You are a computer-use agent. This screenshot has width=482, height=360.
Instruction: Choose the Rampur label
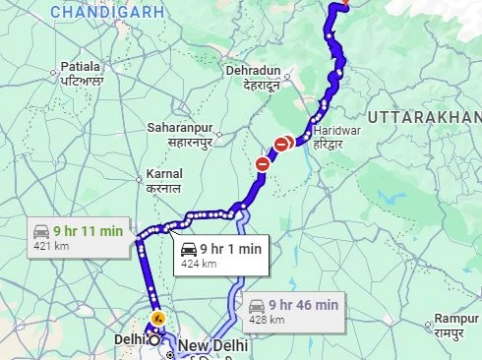coord(457,326)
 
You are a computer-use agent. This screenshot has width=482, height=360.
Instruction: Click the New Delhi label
coord(211,346)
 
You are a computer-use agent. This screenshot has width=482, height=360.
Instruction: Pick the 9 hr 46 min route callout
coord(292,311)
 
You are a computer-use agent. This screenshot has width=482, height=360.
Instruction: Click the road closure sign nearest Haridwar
coord(283,144)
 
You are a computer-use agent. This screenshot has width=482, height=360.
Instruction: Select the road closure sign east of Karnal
coord(262,164)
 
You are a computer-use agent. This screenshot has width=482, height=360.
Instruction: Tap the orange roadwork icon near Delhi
coord(155,321)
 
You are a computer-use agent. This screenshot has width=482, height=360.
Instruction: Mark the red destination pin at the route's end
coord(343,3)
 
